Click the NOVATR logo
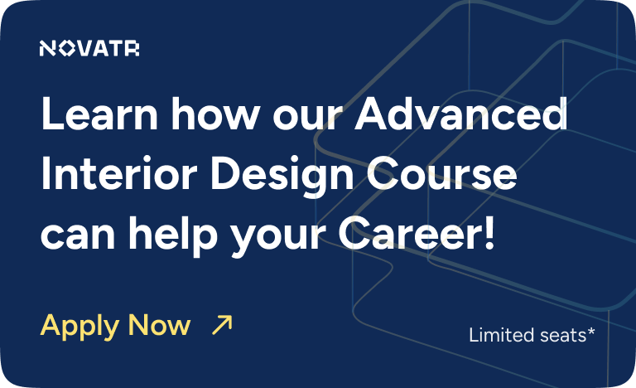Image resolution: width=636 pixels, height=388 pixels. (x=89, y=50)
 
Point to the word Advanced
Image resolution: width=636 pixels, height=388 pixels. (x=460, y=114)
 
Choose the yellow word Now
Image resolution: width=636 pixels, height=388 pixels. (x=159, y=325)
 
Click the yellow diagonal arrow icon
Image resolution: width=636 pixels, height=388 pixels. (x=222, y=325)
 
